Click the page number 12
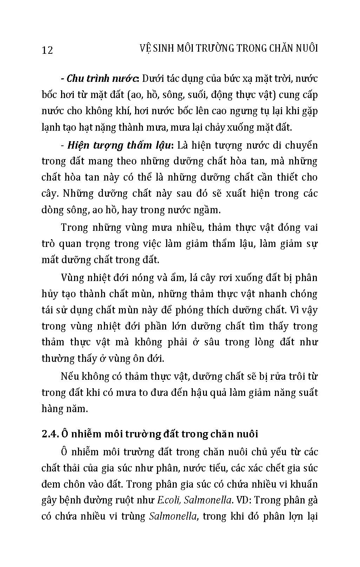tap(47, 50)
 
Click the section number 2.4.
tap(49, 434)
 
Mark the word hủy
tap(49, 294)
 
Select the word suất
tap(307, 392)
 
